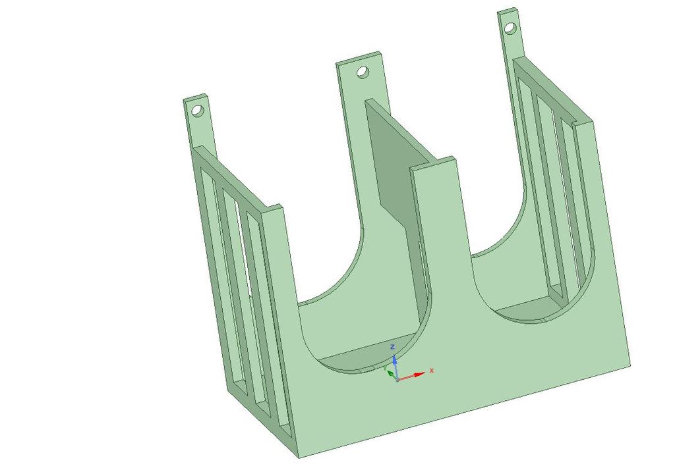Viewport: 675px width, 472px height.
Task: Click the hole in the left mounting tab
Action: tap(197, 111)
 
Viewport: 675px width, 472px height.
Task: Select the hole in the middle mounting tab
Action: tap(363, 71)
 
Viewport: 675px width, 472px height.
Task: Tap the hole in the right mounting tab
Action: tap(510, 28)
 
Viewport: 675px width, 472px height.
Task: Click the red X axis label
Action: tap(432, 370)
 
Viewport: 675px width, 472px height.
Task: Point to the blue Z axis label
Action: tap(392, 346)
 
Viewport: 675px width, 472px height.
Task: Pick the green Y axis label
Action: tap(384, 369)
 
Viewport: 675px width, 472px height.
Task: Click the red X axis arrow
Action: tap(411, 376)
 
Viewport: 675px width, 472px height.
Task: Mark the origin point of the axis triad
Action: tap(397, 380)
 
